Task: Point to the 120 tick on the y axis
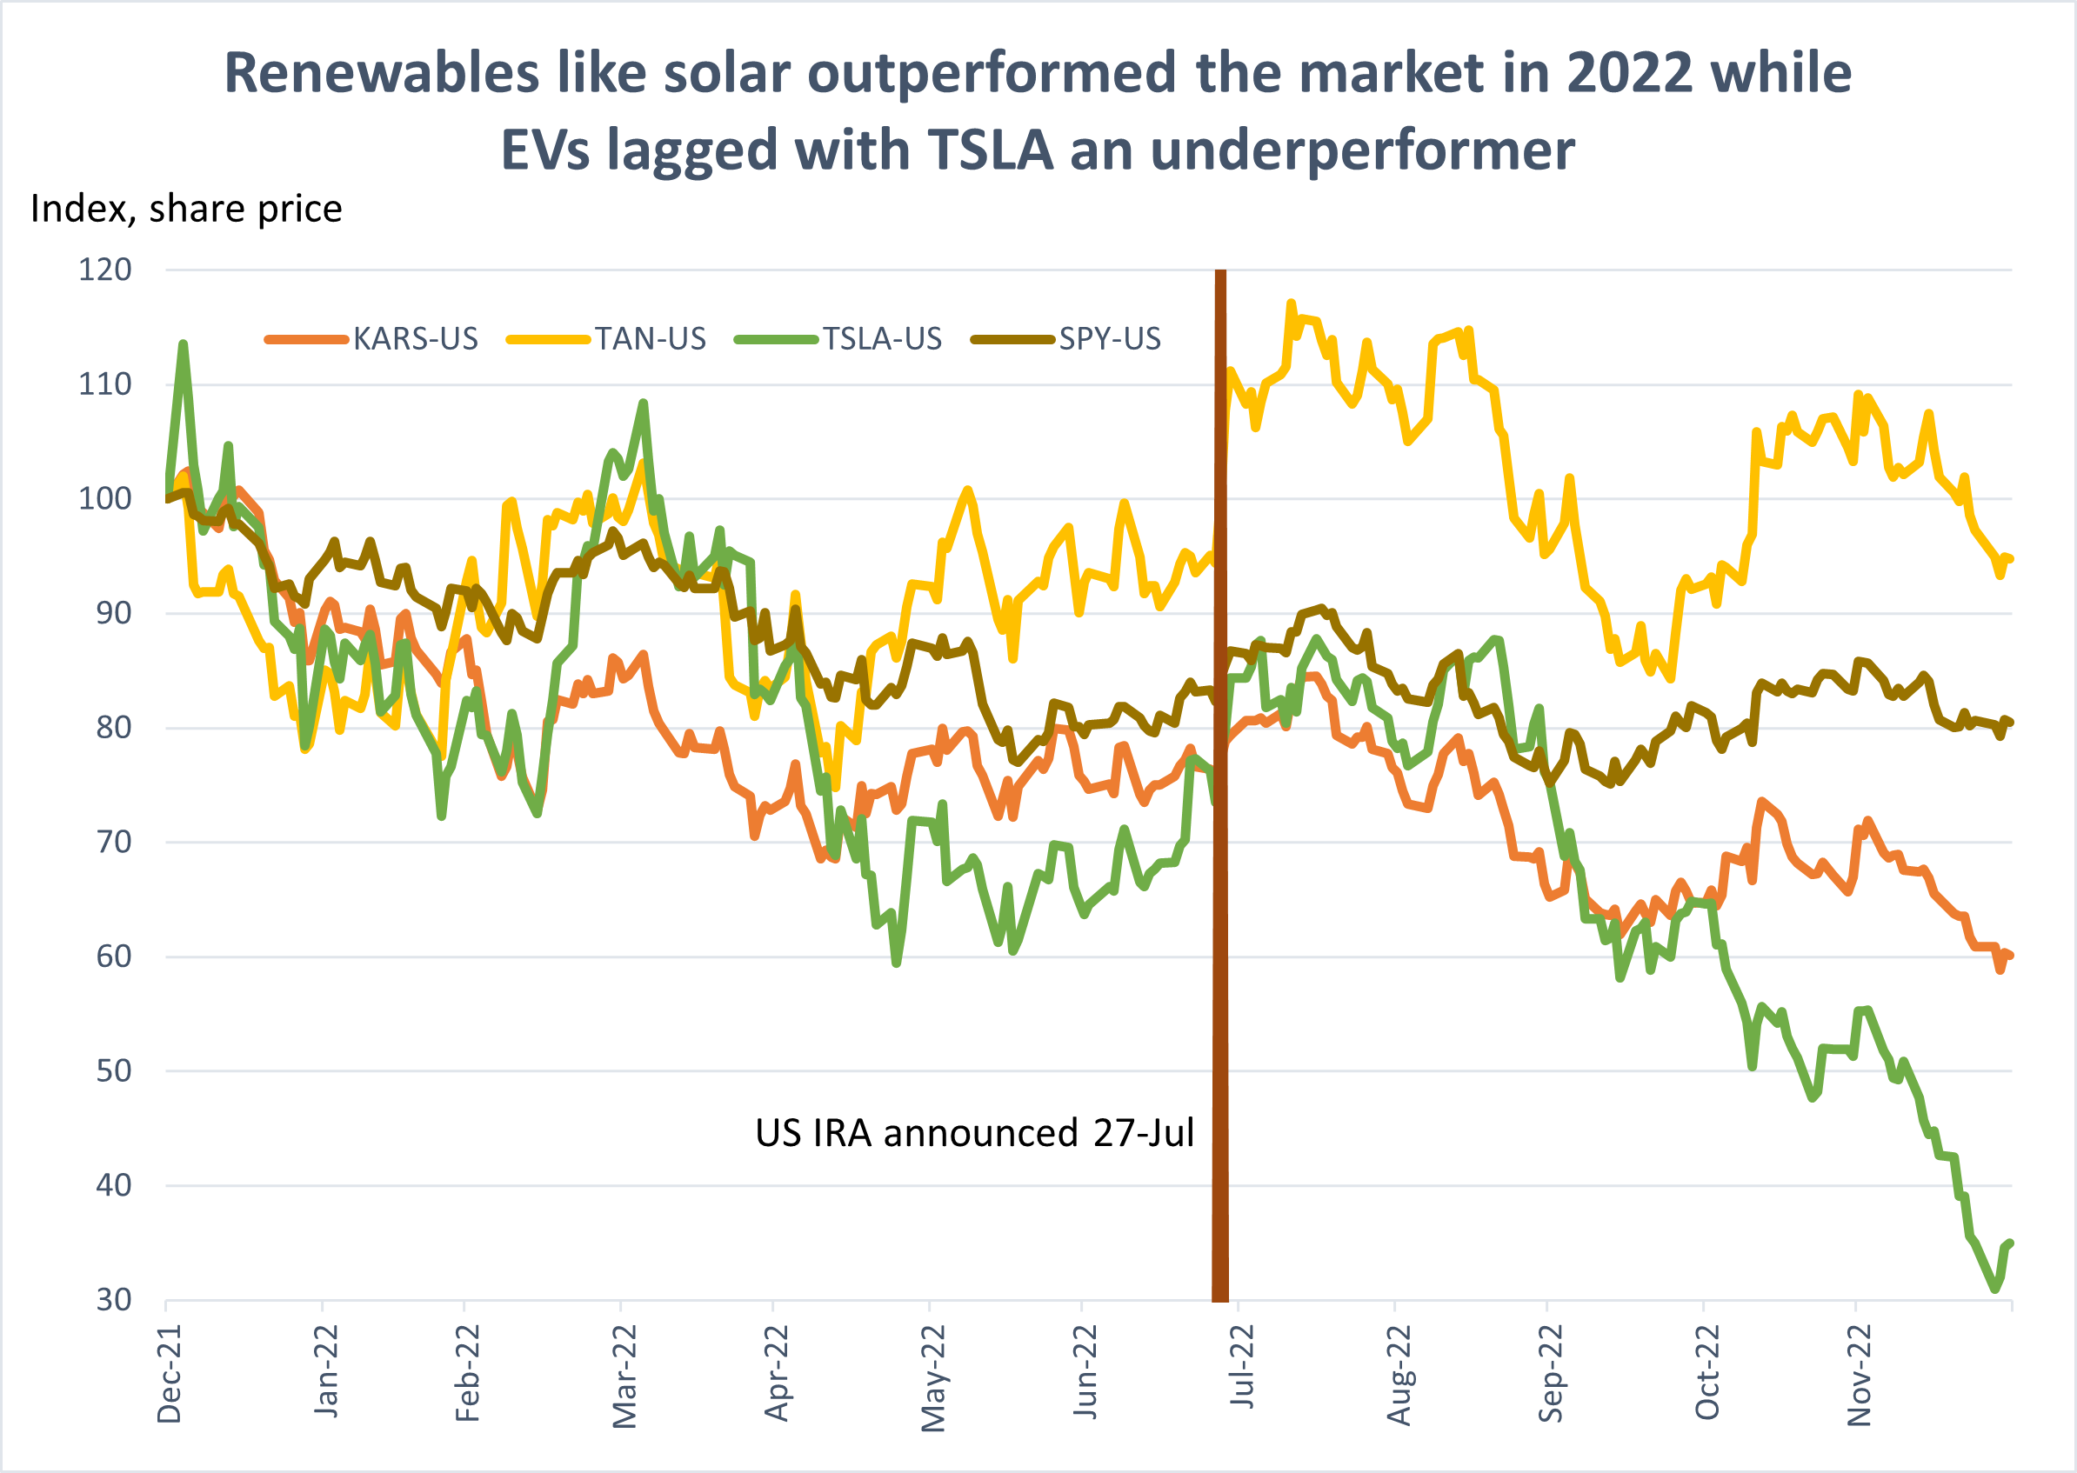105,270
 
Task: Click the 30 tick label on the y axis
113,1301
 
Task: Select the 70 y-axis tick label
113,843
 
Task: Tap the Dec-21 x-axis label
170,1374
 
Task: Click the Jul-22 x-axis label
1242,1367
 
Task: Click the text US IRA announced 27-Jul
974,1134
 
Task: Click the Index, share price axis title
186,210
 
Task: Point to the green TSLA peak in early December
184,344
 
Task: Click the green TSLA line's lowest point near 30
1995,1289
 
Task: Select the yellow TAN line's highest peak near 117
1292,303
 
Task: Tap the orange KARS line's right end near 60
2010,955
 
